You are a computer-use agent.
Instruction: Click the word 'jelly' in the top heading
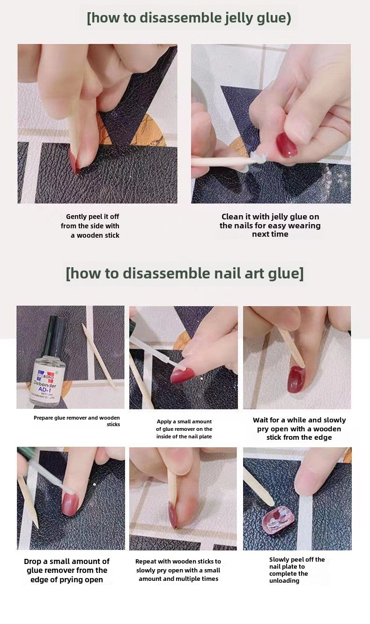(x=240, y=18)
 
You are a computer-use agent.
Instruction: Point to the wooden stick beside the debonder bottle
(x=99, y=356)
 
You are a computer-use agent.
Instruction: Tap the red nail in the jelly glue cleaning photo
(x=286, y=145)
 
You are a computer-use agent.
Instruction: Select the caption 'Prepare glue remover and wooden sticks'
(x=77, y=421)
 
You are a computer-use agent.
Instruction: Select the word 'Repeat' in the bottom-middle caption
(x=146, y=562)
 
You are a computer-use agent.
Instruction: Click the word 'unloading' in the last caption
(x=284, y=580)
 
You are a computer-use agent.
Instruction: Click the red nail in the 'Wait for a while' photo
(x=296, y=379)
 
